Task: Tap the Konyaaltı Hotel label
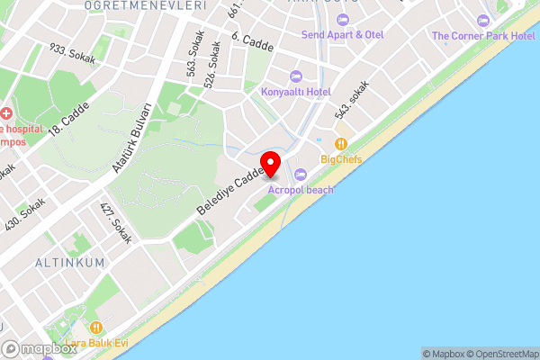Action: click(295, 92)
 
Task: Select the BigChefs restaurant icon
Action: click(341, 144)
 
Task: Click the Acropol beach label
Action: click(300, 190)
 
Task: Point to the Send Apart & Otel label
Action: click(342, 34)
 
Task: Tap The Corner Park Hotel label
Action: click(483, 35)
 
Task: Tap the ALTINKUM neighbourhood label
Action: click(69, 262)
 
